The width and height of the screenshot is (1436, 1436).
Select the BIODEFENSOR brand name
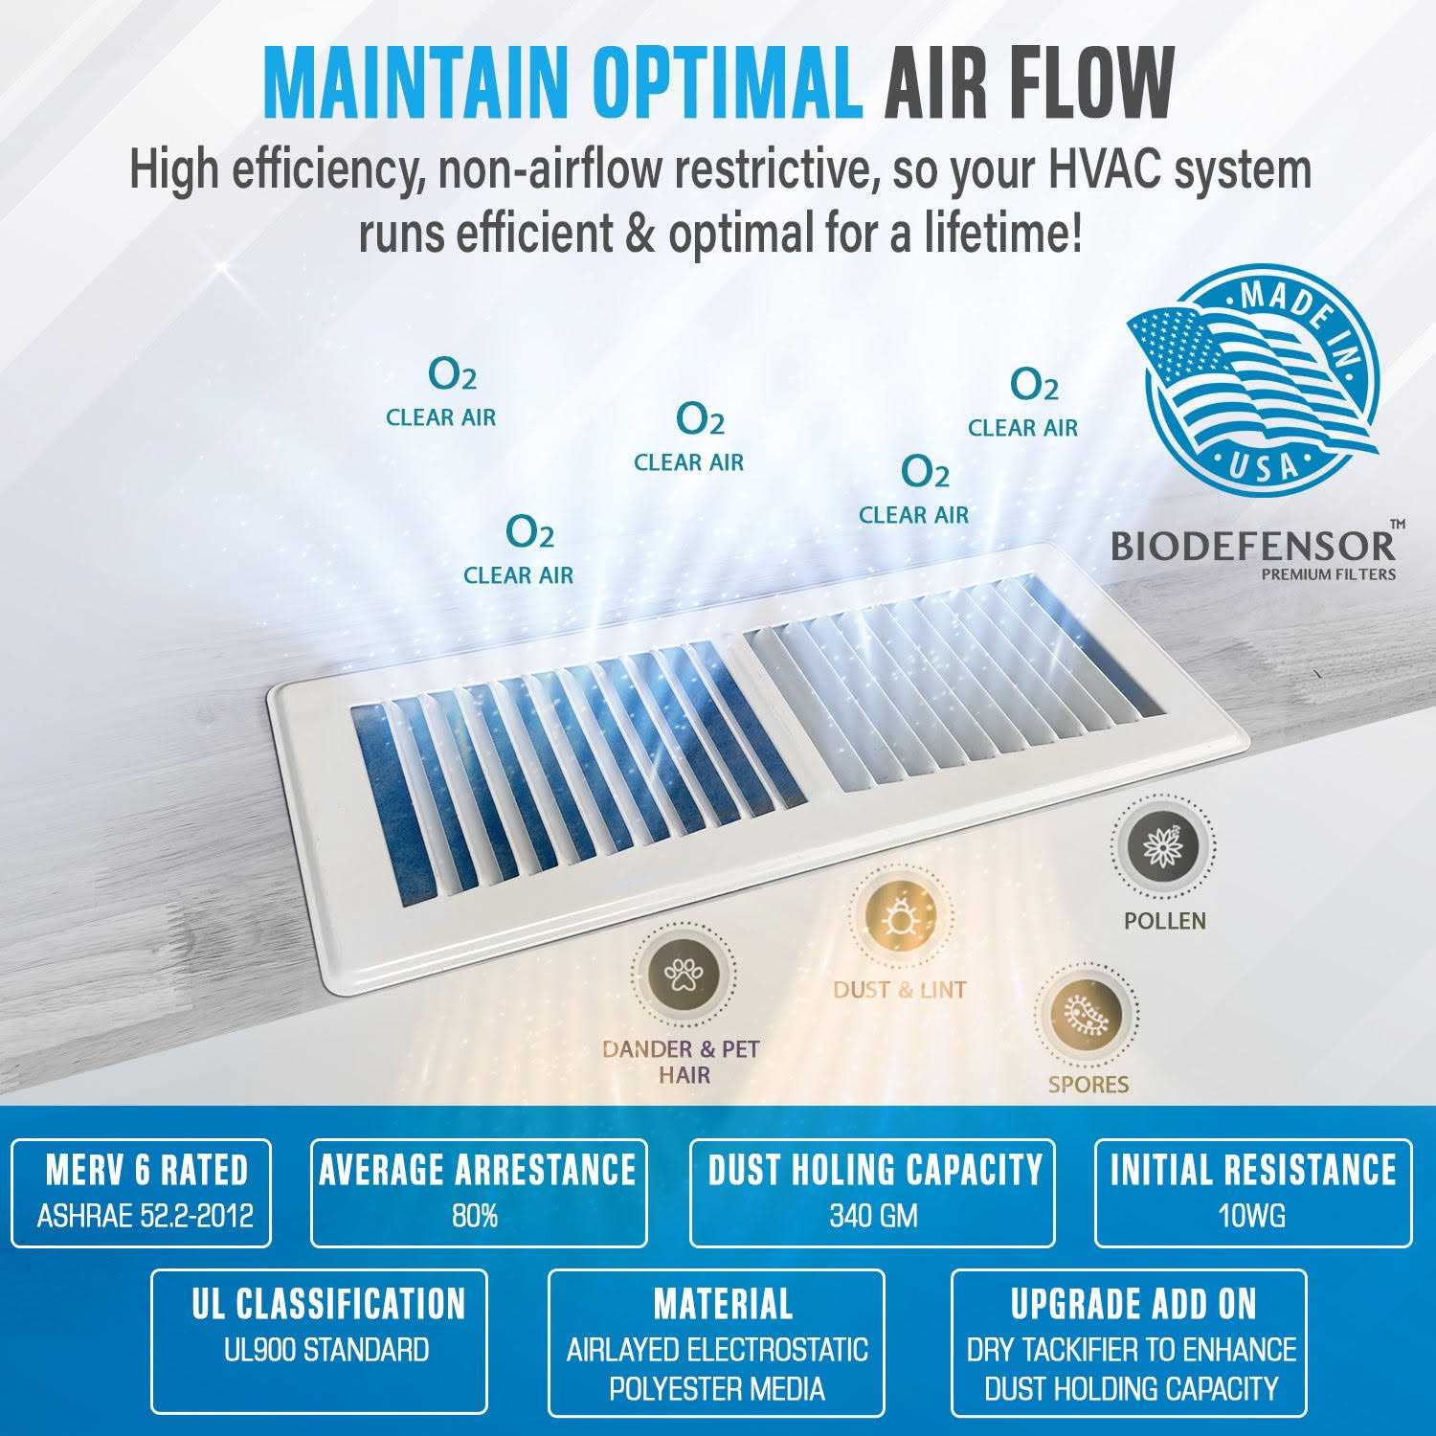1252,546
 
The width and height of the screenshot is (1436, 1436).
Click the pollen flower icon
1163,848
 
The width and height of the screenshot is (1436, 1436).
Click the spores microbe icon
1087,1013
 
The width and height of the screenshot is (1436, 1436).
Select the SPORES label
1088,1085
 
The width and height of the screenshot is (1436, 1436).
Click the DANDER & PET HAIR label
682,1062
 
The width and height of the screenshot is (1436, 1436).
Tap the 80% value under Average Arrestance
475,1217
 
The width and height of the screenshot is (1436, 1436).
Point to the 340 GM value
873,1217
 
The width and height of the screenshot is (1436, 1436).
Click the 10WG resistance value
1251,1217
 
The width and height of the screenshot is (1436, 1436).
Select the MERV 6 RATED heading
146,1170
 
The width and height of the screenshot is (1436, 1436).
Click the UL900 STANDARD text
326,1351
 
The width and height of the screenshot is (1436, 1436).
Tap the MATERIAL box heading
724,1304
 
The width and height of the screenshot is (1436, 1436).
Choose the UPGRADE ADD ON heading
1133,1304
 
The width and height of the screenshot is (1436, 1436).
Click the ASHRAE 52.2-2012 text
146,1217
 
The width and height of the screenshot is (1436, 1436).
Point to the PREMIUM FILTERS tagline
1328,574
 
